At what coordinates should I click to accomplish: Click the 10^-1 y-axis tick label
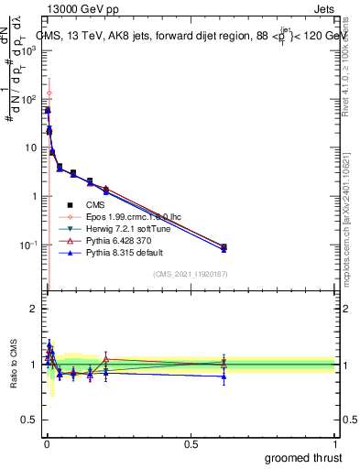(29, 245)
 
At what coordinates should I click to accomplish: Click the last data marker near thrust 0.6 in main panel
(224, 246)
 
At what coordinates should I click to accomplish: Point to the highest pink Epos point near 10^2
(49, 93)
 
